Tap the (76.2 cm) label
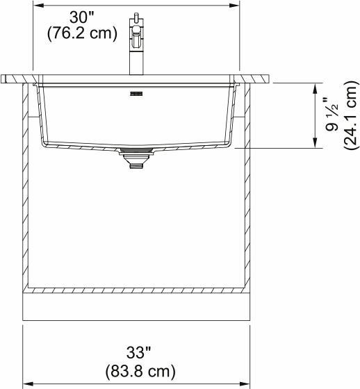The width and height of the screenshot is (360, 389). [82, 33]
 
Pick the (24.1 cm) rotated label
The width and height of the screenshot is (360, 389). [349, 115]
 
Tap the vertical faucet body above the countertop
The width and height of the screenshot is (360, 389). [135, 59]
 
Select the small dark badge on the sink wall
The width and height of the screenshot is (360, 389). [134, 90]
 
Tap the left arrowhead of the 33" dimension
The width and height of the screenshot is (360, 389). [27, 383]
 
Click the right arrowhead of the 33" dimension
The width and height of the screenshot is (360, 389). [247, 383]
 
